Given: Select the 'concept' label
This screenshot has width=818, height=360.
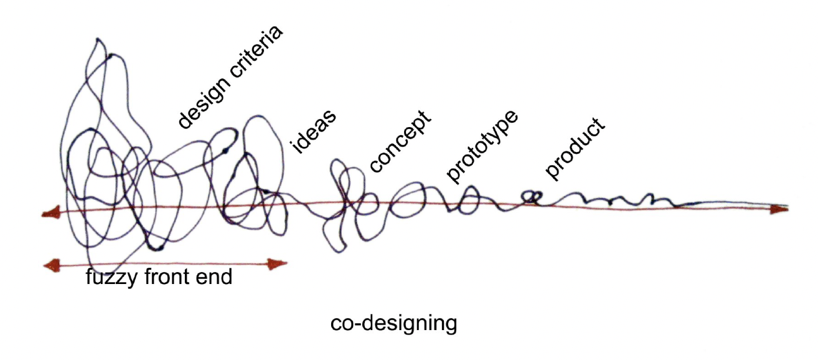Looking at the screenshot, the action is [400, 141].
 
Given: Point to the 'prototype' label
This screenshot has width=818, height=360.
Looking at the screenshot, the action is [482, 147].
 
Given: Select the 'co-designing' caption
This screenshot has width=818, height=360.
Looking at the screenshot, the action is [393, 324].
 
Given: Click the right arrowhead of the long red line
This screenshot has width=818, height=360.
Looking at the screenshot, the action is [779, 210].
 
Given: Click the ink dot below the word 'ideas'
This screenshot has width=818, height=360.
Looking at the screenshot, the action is [265, 191].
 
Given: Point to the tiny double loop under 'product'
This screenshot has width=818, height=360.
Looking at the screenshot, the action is [530, 197].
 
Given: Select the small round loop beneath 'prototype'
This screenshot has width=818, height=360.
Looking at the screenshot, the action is [468, 201].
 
